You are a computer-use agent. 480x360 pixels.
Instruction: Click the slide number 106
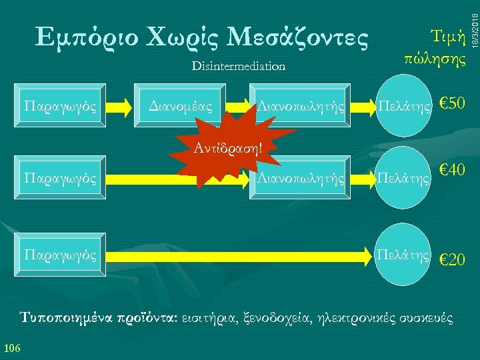tap(12, 346)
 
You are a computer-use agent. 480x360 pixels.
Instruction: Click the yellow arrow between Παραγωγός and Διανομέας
tap(121, 105)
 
